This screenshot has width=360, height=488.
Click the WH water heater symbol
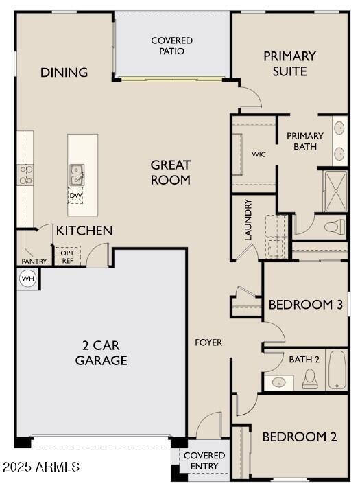pos(27,278)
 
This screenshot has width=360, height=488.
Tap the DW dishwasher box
pos(75,196)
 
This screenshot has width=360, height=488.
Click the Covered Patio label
pos(172,46)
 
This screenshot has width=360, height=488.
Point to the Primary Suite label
pos(289,63)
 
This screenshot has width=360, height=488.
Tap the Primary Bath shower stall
pos(335,191)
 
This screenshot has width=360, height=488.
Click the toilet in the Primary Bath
pos(334,226)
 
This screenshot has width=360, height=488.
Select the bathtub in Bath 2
pos(337,370)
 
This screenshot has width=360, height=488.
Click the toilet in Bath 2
pos(310,377)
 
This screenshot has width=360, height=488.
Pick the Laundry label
pos(248,220)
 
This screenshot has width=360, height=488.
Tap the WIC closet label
pos(259,154)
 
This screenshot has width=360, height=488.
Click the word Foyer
pos(208,342)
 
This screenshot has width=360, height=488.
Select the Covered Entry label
pos(204,461)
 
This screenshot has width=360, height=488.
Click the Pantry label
pos(34,262)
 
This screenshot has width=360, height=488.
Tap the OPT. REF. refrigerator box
pos(68,256)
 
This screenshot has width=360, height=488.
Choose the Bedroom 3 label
pos(305,304)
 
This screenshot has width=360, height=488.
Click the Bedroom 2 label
pos(300,437)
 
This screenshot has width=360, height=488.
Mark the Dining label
pos(64,72)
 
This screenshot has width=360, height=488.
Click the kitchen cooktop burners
pos(25,175)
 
